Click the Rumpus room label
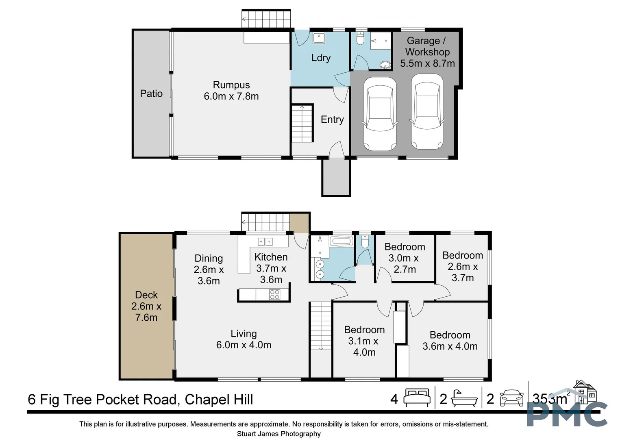point(231,85)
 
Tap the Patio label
point(151,93)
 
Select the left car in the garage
point(380,114)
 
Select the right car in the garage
point(426,112)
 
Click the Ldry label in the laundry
point(321,58)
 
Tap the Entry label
point(332,120)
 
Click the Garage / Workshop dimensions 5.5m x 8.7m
point(427,63)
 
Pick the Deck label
point(146,295)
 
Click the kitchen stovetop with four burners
point(275,294)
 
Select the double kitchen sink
point(265,242)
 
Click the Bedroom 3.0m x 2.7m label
point(405,258)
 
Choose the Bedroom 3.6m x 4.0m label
point(450,341)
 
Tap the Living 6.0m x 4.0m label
point(244,339)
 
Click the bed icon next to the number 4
point(417,398)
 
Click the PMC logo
point(567,414)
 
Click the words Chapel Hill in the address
point(219,400)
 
